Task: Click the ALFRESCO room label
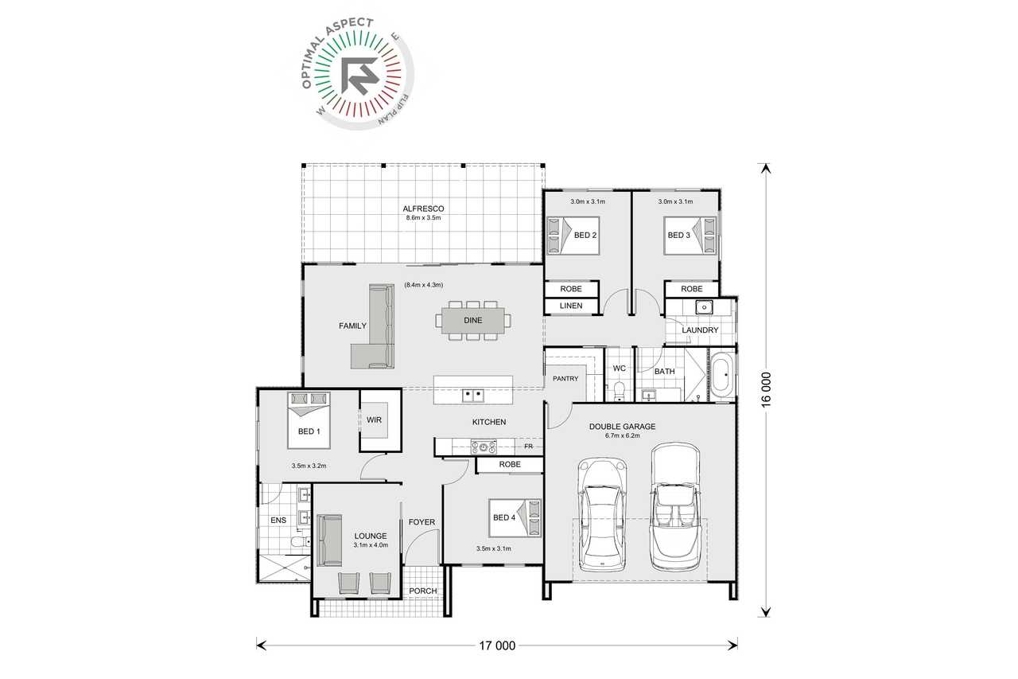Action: (423, 209)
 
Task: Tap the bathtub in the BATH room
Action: (721, 376)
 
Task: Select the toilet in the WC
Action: (619, 392)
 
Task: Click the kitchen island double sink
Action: (472, 395)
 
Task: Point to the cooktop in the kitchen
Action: (484, 447)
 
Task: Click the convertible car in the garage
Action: (674, 507)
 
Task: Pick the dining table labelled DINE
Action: (473, 320)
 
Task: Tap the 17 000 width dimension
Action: (497, 646)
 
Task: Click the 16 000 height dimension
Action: (766, 390)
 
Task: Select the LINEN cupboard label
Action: (571, 306)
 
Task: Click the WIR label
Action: (374, 419)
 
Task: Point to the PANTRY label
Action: (565, 378)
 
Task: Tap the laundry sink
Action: (704, 307)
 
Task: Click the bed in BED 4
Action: (515, 518)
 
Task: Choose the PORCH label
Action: (422, 591)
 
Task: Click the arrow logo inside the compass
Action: (359, 76)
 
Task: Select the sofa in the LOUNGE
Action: (329, 540)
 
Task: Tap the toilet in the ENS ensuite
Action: (301, 541)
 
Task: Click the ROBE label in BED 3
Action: (692, 289)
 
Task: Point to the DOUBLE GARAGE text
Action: (622, 427)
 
